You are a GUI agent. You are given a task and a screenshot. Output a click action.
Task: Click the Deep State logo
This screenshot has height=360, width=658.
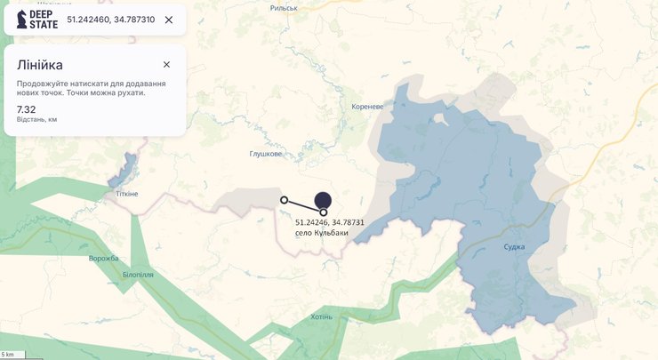pyautogui.click(x=36, y=20)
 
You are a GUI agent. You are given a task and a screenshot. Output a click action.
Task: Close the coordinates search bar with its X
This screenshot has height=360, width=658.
pyautogui.click(x=169, y=20)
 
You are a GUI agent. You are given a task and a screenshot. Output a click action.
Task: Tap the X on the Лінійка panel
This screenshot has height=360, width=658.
pyautogui.click(x=166, y=64)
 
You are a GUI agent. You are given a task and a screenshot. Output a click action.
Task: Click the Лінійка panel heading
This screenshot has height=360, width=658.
pyautogui.click(x=40, y=65)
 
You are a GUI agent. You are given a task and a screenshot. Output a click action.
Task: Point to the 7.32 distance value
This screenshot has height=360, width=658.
pyautogui.click(x=27, y=109)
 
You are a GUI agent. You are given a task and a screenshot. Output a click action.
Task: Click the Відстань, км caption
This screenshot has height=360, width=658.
pyautogui.click(x=37, y=119)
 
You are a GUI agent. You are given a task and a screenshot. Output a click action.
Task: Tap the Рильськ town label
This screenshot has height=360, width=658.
pyautogui.click(x=284, y=7)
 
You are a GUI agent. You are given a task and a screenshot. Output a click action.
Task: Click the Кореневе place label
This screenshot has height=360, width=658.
pyautogui.click(x=367, y=107)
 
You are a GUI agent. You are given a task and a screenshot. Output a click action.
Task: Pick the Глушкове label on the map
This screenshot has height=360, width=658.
pyautogui.click(x=266, y=154)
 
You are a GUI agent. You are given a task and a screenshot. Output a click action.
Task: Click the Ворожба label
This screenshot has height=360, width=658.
pyautogui.click(x=103, y=258)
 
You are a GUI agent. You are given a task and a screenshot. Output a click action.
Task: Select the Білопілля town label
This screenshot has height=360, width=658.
pyautogui.click(x=138, y=275)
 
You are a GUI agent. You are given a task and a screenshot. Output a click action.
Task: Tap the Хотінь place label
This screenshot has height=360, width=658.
pyautogui.click(x=322, y=316)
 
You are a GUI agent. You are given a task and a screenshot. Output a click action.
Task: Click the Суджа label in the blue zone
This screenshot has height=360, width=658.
pyautogui.click(x=513, y=246)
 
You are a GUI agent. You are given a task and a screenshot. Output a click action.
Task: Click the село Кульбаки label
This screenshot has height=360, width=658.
pyautogui.click(x=322, y=233)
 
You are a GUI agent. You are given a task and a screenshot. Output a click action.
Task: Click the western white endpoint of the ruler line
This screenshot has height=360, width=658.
pyautogui.click(x=284, y=200)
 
